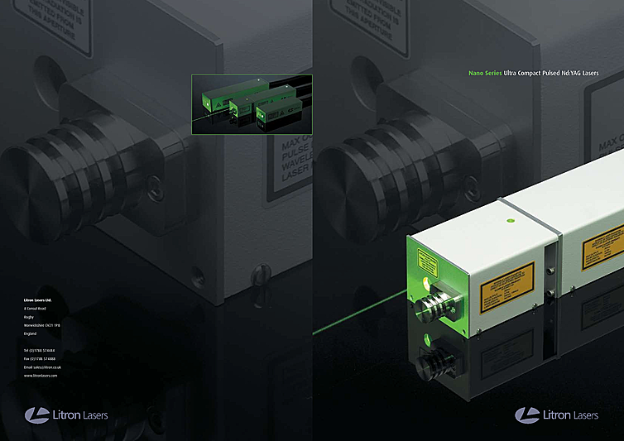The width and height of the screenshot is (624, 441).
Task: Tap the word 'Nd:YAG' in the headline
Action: click(569, 74)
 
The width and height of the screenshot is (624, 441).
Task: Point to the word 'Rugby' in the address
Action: click(31, 316)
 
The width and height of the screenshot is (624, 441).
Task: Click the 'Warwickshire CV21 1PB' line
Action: click(48, 325)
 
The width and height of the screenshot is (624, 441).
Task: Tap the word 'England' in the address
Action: click(31, 333)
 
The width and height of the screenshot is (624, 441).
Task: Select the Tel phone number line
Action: click(45, 351)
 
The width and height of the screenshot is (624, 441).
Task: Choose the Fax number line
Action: click(45, 358)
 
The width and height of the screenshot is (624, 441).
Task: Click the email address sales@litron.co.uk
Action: click(47, 367)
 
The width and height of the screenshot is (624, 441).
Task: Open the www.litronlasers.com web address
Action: click(41, 376)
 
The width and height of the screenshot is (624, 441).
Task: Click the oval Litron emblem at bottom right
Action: click(527, 414)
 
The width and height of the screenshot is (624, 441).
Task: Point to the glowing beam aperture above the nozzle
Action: click(426, 284)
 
